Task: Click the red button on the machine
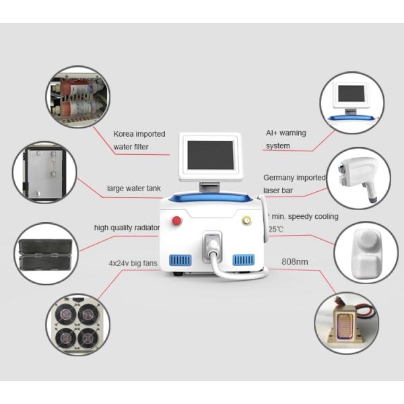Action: pyautogui.click(x=177, y=220)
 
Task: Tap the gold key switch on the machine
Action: pyautogui.click(x=246, y=220)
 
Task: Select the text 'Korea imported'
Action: pyautogui.click(x=139, y=134)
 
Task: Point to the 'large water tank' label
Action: pyautogui.click(x=133, y=189)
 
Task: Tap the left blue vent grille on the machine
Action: pyautogui.click(x=182, y=259)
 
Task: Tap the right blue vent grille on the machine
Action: pyautogui.click(x=244, y=259)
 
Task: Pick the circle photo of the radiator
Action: pyautogui.click(x=46, y=253)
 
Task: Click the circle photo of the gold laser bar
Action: pyautogui.click(x=346, y=323)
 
